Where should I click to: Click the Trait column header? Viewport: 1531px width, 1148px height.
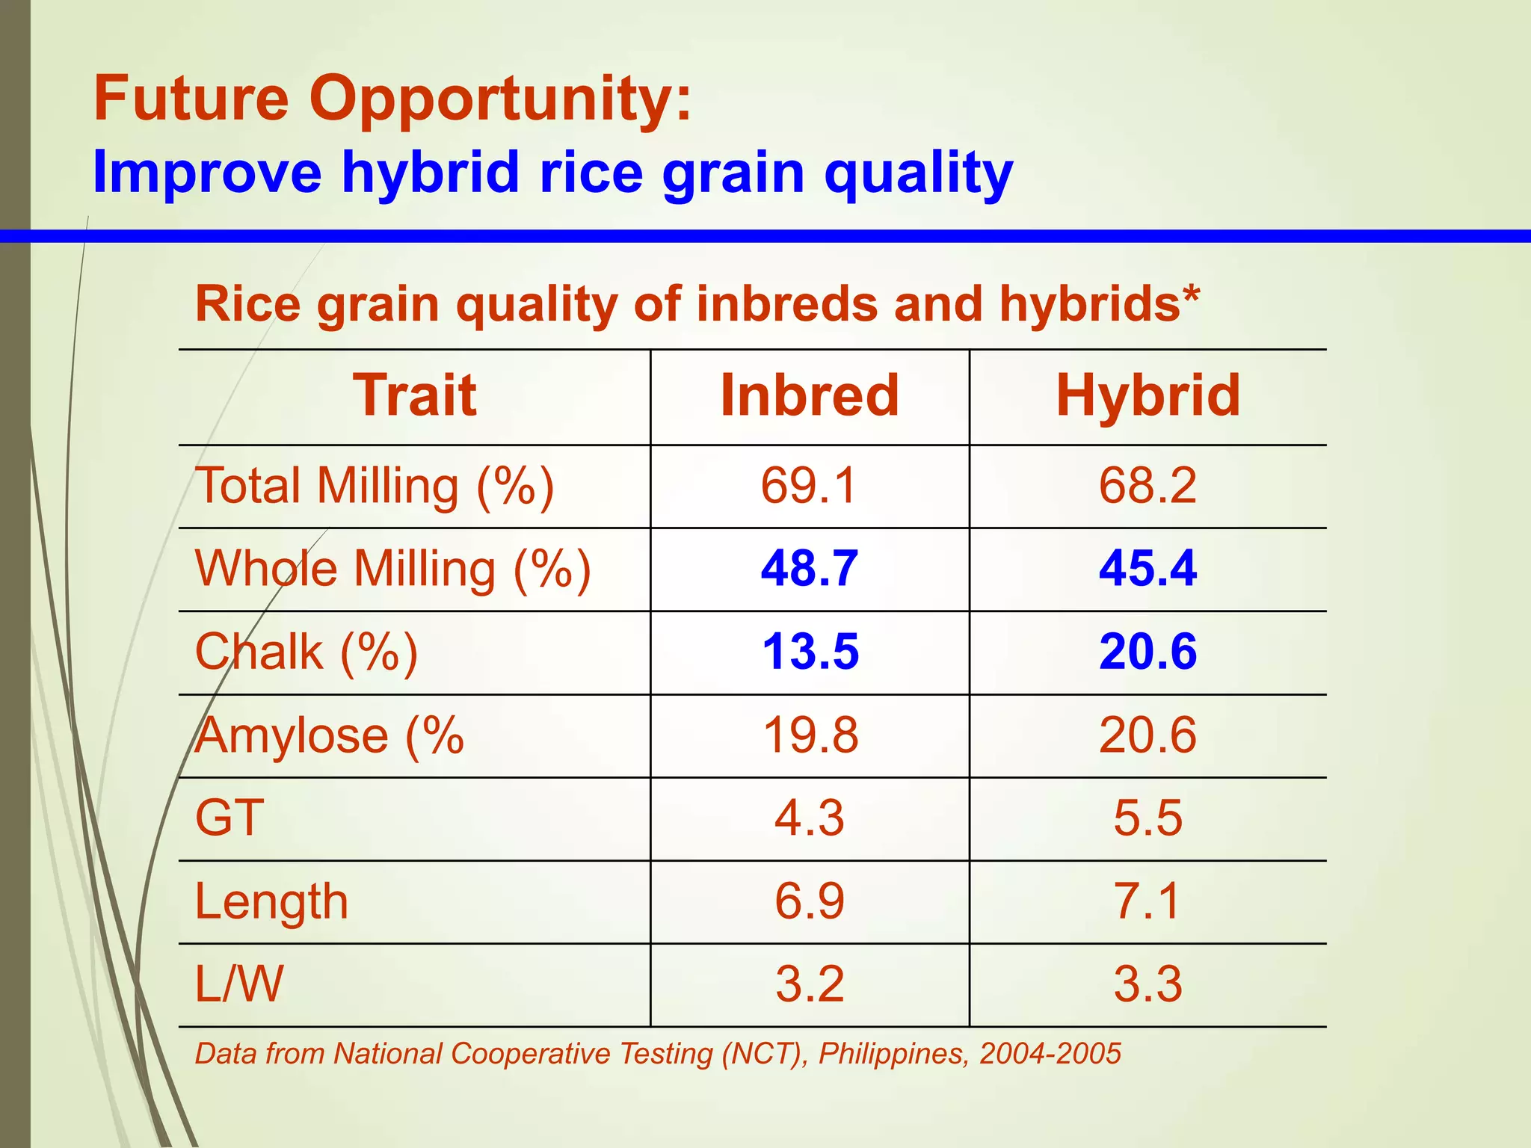pyautogui.click(x=415, y=395)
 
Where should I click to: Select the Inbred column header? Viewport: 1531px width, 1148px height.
pyautogui.click(x=810, y=395)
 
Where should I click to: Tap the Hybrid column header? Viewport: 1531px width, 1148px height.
pyautogui.click(x=1148, y=395)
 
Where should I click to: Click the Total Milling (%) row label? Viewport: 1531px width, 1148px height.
pyautogui.click(x=375, y=486)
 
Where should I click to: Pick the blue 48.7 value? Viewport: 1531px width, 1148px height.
pyautogui.click(x=810, y=568)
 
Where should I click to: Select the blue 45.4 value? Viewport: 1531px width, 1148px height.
pyautogui.click(x=1148, y=568)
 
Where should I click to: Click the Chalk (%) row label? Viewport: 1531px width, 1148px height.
pyautogui.click(x=306, y=652)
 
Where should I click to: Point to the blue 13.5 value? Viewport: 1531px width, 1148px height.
pyautogui.click(x=810, y=651)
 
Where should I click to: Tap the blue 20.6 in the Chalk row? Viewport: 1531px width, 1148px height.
pyautogui.click(x=1148, y=651)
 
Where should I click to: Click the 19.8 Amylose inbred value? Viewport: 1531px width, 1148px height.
pyautogui.click(x=810, y=735)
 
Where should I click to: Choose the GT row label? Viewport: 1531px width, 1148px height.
pyautogui.click(x=230, y=818)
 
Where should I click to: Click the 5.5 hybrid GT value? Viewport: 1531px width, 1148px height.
pyautogui.click(x=1148, y=818)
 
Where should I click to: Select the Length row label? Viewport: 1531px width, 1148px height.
pyautogui.click(x=271, y=901)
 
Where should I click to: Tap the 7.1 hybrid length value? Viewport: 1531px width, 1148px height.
pyautogui.click(x=1148, y=901)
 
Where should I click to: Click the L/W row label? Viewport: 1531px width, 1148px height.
pyautogui.click(x=239, y=984)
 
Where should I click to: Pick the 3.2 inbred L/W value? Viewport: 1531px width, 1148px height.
pyautogui.click(x=810, y=984)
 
